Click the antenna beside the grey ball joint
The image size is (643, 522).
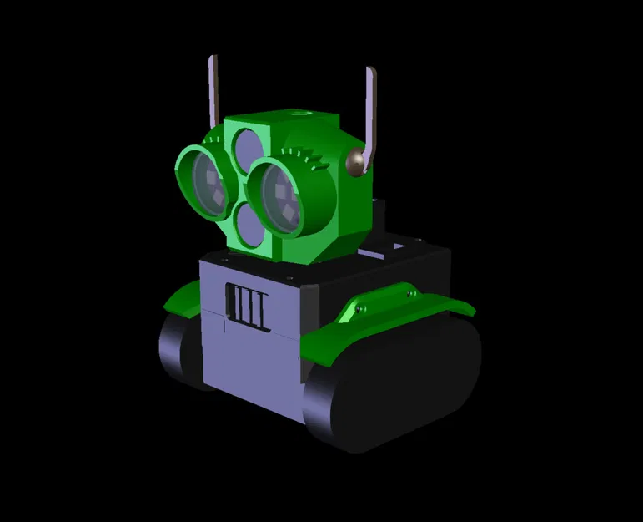click(370, 109)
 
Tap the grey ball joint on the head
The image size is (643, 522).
click(358, 161)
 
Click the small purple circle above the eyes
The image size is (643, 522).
click(244, 147)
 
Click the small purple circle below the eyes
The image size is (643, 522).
click(249, 226)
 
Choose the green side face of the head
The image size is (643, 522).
click(350, 209)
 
